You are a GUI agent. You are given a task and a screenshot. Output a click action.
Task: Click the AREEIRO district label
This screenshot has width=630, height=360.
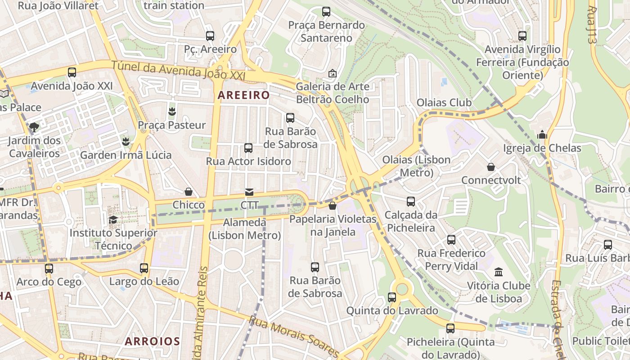pyautogui.click(x=243, y=95)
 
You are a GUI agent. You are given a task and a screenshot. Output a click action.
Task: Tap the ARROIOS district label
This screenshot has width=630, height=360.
pyautogui.click(x=152, y=341)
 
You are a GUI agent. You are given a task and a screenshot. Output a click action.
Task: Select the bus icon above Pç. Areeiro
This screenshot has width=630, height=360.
pyautogui.click(x=210, y=36)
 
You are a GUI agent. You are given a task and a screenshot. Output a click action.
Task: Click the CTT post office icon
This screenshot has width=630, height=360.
pyautogui.click(x=249, y=192)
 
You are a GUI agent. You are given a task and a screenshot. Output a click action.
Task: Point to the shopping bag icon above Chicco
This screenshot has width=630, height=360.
pyautogui.click(x=189, y=192)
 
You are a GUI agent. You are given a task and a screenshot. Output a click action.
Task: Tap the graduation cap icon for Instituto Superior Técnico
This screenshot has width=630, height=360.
pyautogui.click(x=113, y=220)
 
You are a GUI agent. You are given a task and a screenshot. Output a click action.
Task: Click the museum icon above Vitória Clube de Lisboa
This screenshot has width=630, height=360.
pyautogui.click(x=499, y=272)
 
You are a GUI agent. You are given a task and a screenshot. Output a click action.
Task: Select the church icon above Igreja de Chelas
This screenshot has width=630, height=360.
pyautogui.click(x=542, y=135)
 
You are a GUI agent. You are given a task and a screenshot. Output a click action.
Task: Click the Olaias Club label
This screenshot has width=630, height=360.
pyautogui.click(x=444, y=103)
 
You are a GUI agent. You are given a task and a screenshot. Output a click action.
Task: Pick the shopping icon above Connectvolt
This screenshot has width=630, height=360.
pyautogui.click(x=491, y=167)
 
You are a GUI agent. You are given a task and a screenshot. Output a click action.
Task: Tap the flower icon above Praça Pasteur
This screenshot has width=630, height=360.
pyautogui.click(x=171, y=111)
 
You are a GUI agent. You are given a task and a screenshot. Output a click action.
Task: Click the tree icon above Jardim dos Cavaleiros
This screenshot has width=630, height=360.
pyautogui.click(x=34, y=126)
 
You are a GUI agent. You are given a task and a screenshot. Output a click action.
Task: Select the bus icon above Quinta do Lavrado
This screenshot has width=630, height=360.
pyautogui.click(x=392, y=297)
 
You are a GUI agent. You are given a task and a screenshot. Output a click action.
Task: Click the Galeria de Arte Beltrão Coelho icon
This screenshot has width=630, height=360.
pyautogui.click(x=333, y=73)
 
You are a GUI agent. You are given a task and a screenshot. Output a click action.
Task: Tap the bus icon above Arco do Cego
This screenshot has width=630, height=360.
pyautogui.click(x=49, y=269)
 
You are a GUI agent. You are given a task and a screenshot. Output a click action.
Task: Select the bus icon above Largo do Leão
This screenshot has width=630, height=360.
pyautogui.click(x=144, y=268)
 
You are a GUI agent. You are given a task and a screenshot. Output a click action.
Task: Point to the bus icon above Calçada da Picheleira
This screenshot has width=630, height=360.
pyautogui.click(x=411, y=201)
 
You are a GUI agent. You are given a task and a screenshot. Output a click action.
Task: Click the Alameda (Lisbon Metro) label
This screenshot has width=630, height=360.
pyautogui.click(x=245, y=229)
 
